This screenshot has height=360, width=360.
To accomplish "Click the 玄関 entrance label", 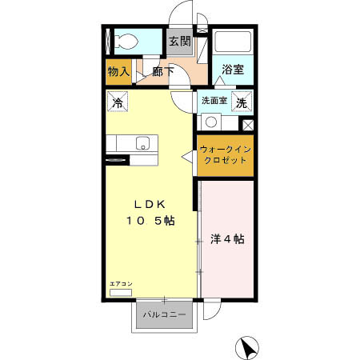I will point(179,41).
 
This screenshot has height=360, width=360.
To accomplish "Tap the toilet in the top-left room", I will point(128,40).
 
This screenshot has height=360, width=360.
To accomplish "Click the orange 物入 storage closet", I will point(118,72).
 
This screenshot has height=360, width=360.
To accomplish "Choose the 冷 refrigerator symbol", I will point(118,102).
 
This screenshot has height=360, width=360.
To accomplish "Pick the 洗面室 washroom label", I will point(214,102).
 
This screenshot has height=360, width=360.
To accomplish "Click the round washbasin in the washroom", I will point(211,122).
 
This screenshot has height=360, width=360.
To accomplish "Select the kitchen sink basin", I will point(142,144).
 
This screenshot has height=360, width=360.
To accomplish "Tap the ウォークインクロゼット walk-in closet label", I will point(225,154).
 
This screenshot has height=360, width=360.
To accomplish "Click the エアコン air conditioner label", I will point(121,285).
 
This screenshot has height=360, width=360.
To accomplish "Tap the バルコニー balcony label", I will point(164,314).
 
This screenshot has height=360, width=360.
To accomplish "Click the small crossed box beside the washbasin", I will point(247,125).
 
